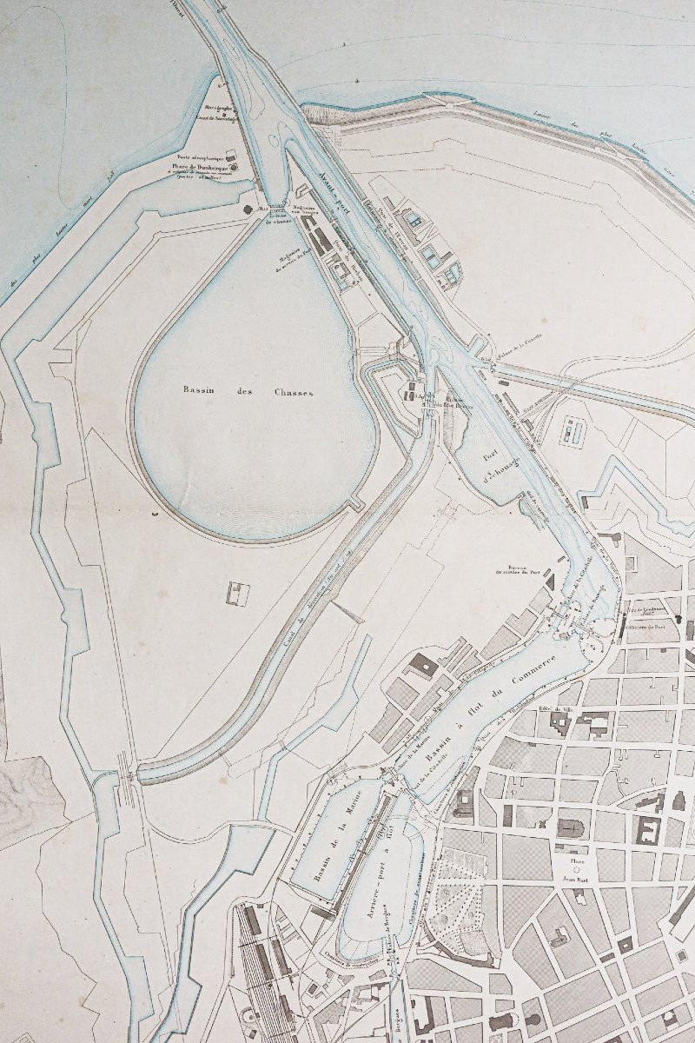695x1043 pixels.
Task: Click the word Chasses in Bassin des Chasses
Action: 290,392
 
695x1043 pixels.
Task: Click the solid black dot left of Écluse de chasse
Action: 248,209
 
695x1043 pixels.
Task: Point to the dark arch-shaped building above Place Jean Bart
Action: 570,825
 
